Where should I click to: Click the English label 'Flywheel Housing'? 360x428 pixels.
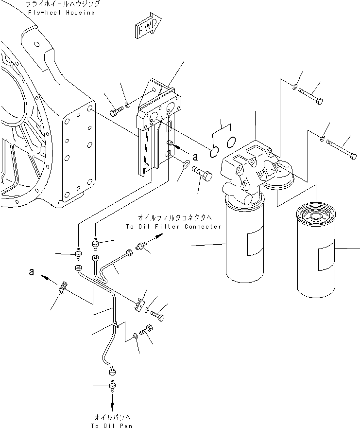click(61, 13)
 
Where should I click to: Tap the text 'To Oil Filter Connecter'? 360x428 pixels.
click(174, 227)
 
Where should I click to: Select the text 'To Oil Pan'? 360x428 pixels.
click(112, 425)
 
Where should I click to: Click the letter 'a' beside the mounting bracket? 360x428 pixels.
click(195, 157)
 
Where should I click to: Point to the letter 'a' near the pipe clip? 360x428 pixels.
click(32, 271)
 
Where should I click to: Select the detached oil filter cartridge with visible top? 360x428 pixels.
click(316, 250)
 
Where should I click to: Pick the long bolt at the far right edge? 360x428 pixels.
click(341, 149)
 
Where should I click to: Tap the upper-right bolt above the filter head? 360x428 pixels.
click(310, 96)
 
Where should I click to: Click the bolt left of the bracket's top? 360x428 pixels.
click(116, 111)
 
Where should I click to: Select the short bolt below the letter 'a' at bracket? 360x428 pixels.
click(202, 173)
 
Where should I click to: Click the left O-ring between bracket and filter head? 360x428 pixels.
click(214, 152)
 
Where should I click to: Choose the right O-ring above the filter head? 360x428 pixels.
click(231, 142)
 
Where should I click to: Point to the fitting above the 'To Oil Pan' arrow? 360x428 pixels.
click(112, 386)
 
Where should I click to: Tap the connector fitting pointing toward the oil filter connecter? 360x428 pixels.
click(141, 247)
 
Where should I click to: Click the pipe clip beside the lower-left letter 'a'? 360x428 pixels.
click(63, 288)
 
